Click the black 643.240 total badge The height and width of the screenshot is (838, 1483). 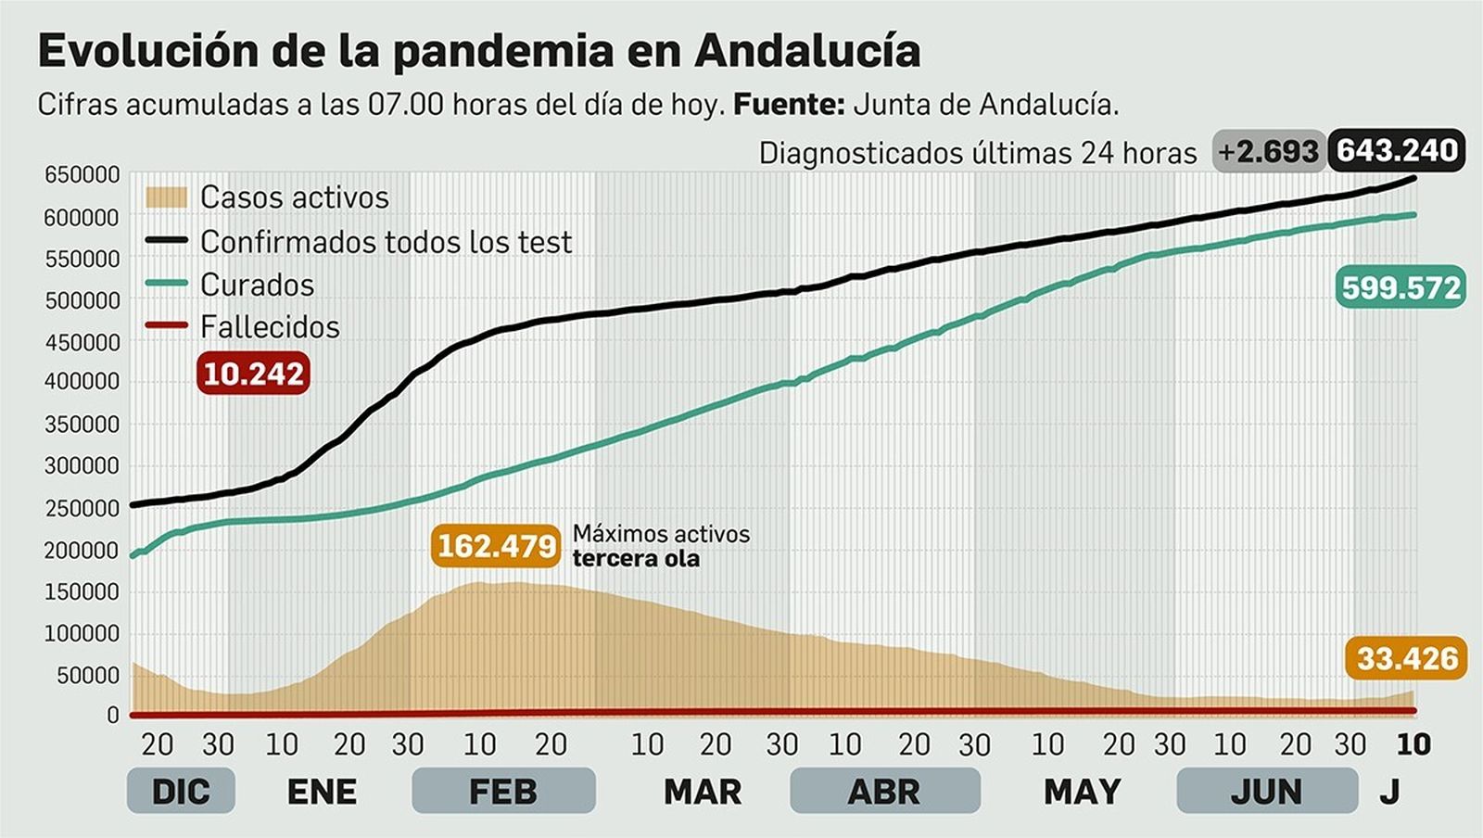[1397, 150]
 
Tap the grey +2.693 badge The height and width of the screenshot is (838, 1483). [1268, 151]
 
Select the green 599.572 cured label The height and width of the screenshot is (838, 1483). [1401, 288]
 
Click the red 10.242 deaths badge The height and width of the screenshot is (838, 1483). [253, 374]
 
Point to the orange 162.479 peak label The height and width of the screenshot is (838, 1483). [497, 546]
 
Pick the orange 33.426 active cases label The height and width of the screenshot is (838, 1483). [1407, 658]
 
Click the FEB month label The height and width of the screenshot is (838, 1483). [502, 792]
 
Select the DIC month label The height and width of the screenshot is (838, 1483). [181, 792]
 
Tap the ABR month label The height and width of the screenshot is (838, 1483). [884, 792]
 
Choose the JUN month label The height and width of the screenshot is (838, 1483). [1266, 792]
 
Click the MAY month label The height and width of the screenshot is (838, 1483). [1083, 792]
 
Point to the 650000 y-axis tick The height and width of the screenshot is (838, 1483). [82, 175]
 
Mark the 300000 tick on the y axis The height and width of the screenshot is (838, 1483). [82, 466]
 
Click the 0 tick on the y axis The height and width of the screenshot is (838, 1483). [113, 715]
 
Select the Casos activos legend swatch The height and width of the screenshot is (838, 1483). [167, 197]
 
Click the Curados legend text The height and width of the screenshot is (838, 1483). [257, 285]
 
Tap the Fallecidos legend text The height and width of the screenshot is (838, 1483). [270, 327]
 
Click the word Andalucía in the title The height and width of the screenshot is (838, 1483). [806, 50]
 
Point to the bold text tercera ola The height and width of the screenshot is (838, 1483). [636, 559]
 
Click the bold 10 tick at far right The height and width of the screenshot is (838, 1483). [1413, 743]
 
